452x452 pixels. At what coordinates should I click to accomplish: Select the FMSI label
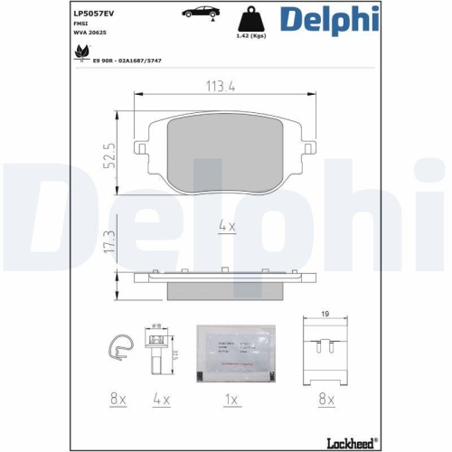(x=80, y=29)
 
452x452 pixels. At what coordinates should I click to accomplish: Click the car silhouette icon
(x=200, y=13)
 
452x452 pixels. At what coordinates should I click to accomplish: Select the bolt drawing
(x=156, y=350)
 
